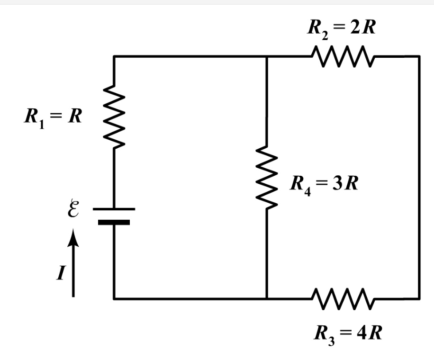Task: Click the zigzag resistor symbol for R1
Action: (114, 116)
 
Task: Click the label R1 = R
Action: (53, 117)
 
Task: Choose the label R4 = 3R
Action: (325, 184)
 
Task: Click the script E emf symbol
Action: (72, 209)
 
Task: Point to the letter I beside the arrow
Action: (60, 274)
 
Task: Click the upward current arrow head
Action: (72, 236)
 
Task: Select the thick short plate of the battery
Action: (114, 222)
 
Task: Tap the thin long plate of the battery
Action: (114, 209)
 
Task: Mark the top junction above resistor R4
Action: (267, 56)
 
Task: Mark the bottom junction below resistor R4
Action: (267, 298)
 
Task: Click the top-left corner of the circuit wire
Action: (114, 56)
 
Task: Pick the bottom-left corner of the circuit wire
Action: (114, 298)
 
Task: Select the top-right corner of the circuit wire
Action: (419, 56)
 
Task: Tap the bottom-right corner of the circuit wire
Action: (419, 298)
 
